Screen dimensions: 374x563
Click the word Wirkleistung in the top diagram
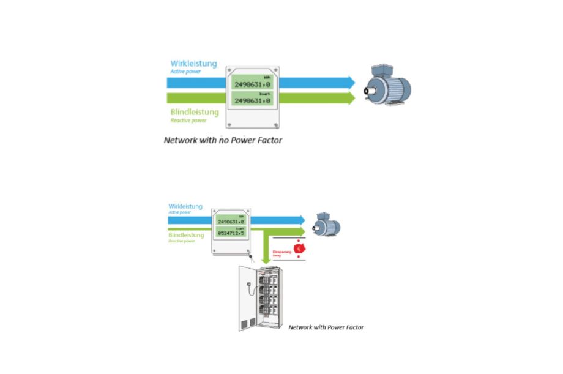[193, 64]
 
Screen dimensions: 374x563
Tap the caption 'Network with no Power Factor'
[223, 140]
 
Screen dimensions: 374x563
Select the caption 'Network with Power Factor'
[326, 327]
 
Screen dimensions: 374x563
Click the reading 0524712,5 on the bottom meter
[231, 233]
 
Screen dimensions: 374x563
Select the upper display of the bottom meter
[231, 222]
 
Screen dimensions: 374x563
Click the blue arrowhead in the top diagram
[351, 82]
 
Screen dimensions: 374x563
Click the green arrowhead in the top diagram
[351, 98]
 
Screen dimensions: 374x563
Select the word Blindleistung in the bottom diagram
[186, 234]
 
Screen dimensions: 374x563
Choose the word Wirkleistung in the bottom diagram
[185, 207]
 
